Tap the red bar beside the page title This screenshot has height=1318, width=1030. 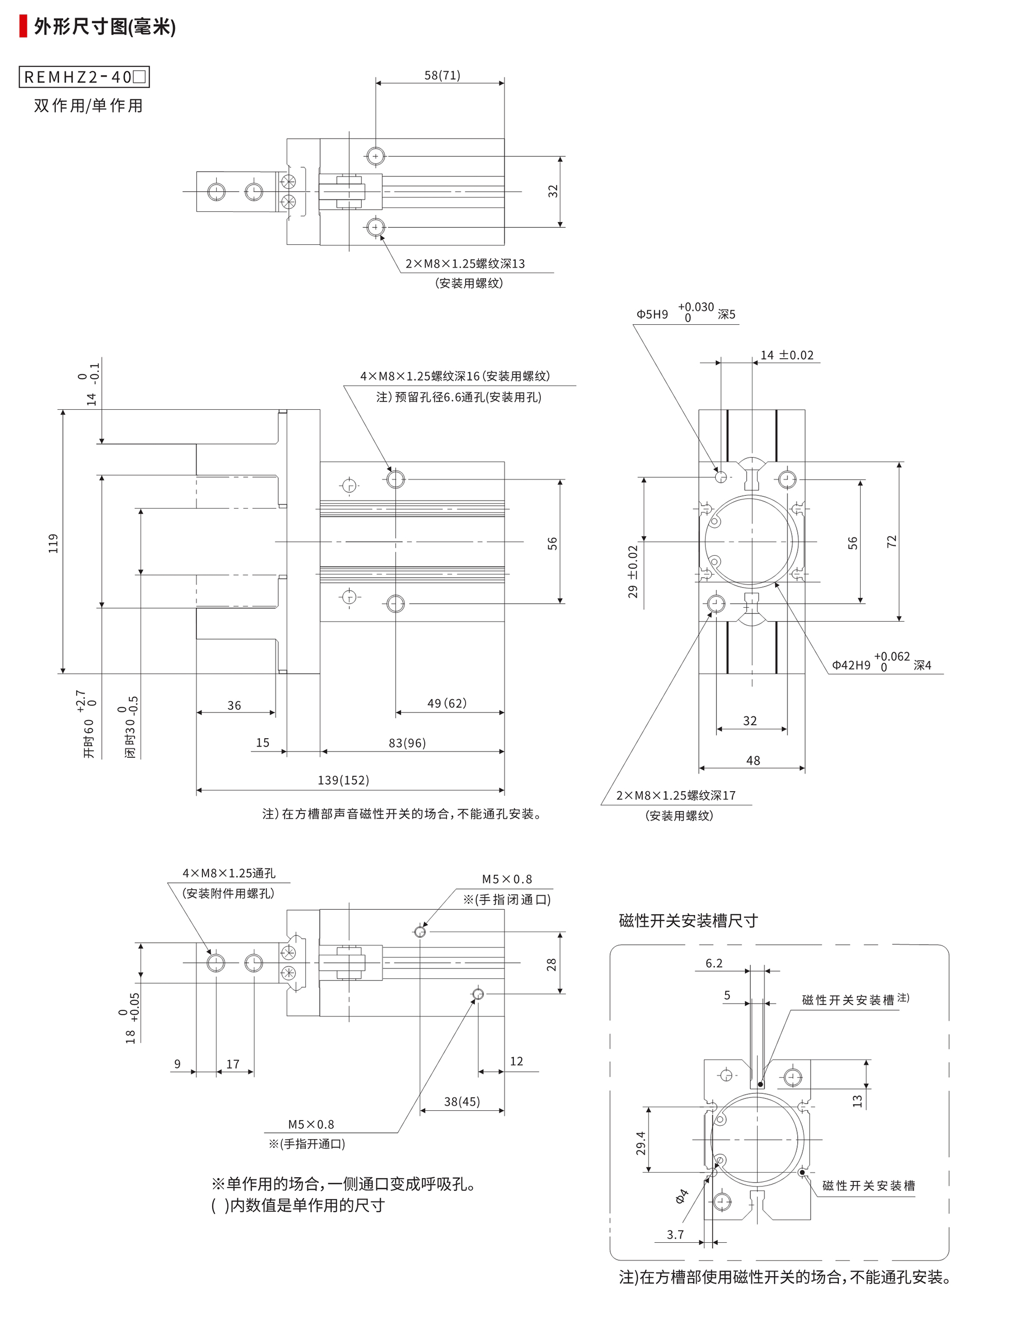[23, 27]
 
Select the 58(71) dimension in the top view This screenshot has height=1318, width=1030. [442, 75]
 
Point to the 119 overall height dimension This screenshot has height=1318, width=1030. [54, 543]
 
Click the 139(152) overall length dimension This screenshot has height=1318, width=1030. [343, 780]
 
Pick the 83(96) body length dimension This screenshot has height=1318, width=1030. [407, 743]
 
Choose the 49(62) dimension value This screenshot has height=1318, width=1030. [447, 703]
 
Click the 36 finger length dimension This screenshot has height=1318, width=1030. [234, 706]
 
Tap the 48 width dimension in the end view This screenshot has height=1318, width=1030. [752, 760]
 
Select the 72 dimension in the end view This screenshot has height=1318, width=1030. [892, 541]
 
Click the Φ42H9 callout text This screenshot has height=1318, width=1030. [851, 665]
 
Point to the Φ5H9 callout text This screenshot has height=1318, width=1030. [652, 314]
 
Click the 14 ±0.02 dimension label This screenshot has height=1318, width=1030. [786, 356]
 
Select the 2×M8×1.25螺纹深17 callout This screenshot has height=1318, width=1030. [675, 795]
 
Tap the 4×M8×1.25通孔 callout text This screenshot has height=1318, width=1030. [229, 873]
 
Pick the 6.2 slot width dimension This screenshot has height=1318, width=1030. [713, 963]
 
